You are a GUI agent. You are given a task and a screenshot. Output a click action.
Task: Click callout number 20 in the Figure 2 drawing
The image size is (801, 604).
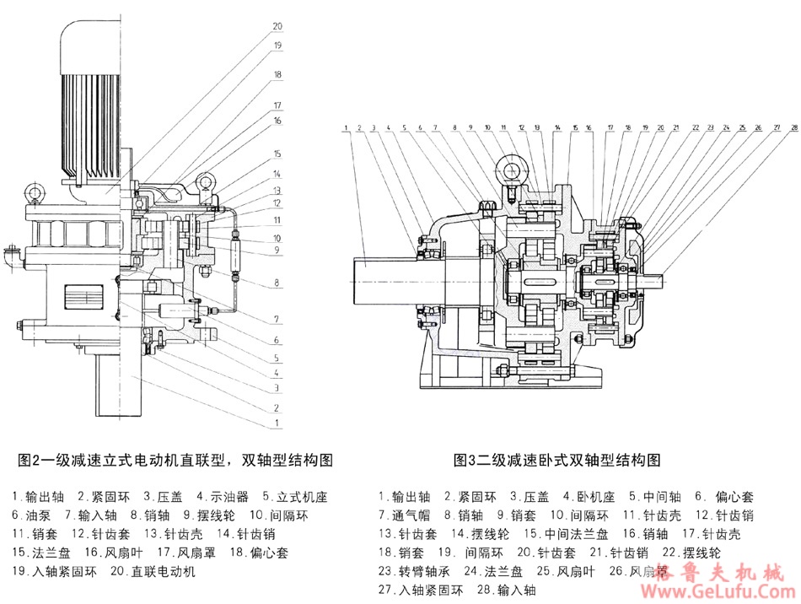click(277, 26)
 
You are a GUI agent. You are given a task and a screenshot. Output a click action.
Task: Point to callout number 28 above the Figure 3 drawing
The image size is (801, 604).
click(793, 128)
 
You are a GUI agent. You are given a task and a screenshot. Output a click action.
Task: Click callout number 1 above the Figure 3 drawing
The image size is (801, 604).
click(347, 128)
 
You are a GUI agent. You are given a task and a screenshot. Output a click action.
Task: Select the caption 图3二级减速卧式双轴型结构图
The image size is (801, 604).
click(556, 460)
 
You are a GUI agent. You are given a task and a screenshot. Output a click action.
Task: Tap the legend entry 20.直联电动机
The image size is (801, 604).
click(153, 572)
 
